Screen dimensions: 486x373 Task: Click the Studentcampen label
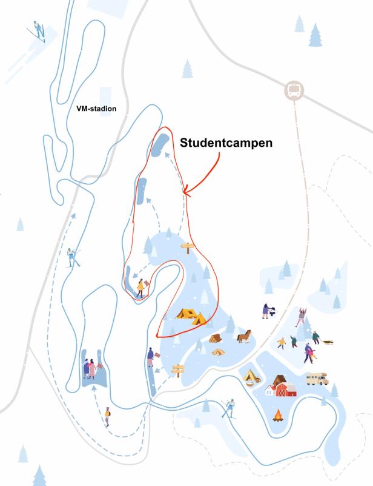(x=226, y=143)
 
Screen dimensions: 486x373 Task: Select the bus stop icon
(x=294, y=91)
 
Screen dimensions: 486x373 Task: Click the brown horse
(x=243, y=336)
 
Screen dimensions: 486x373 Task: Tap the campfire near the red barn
(x=279, y=416)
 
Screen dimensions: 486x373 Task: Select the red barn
(x=283, y=386)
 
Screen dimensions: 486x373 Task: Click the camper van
(x=317, y=379)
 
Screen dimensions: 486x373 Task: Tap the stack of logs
(x=216, y=339)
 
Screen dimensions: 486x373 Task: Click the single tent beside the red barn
(x=250, y=377)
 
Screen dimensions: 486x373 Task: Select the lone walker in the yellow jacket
(x=107, y=416)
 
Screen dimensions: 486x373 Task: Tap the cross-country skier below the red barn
(x=230, y=408)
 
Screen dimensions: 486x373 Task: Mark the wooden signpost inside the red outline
(x=188, y=248)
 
